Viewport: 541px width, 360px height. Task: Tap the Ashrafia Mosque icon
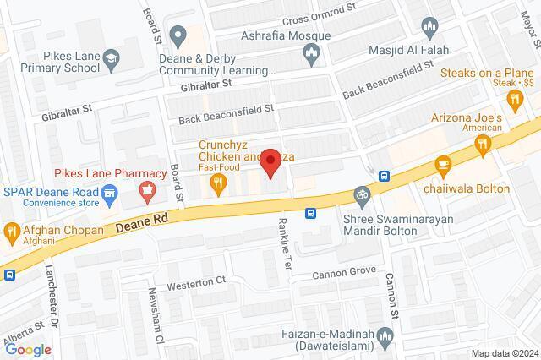(310, 56)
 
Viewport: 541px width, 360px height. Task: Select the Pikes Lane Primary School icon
(111, 58)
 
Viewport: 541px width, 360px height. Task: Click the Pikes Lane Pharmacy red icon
(148, 188)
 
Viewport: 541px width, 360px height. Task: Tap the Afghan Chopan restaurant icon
(11, 230)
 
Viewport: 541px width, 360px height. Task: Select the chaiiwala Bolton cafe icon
(442, 164)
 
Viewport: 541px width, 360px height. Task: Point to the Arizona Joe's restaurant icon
(483, 145)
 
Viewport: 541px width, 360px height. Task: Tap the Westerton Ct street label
(197, 280)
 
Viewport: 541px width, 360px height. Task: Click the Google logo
(28, 349)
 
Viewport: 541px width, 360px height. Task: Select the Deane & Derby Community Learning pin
(178, 35)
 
